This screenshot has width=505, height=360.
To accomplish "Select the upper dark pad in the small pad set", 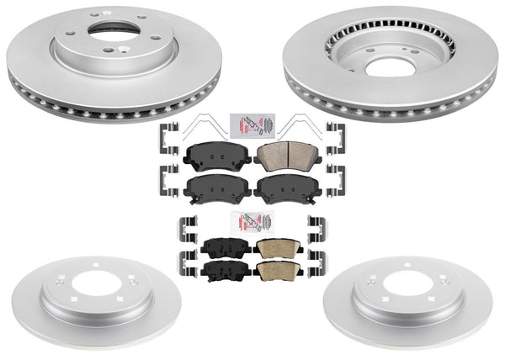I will point(226,247).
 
